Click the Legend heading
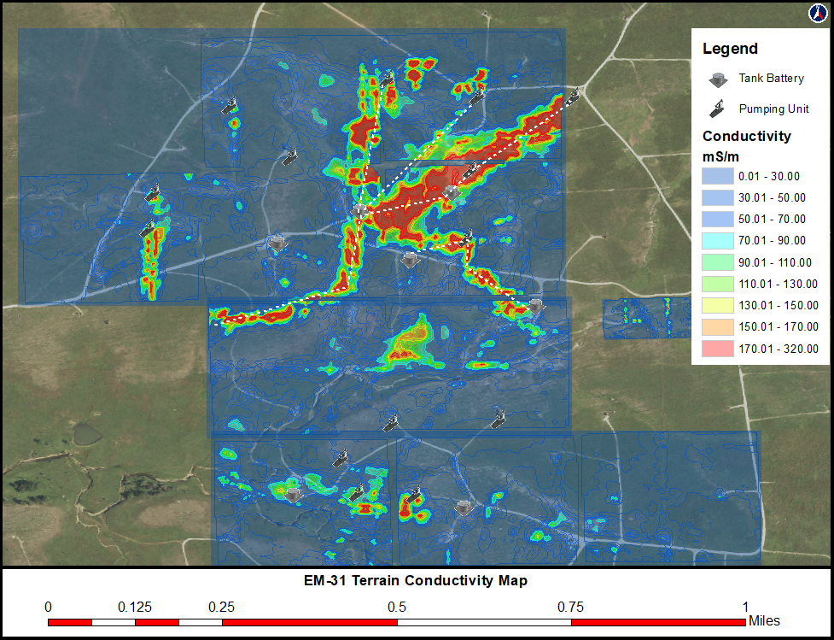click(x=730, y=50)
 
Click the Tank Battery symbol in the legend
click(x=718, y=79)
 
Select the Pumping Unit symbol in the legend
click(x=718, y=109)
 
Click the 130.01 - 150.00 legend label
click(x=779, y=306)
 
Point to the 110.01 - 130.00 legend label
click(x=779, y=285)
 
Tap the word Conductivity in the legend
click(x=747, y=137)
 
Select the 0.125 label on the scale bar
click(x=135, y=608)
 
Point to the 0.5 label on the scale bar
click(x=397, y=608)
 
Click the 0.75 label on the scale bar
click(x=571, y=608)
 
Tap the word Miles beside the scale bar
click(x=764, y=621)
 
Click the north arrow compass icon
click(x=816, y=13)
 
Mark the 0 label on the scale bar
click(x=48, y=608)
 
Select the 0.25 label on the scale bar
click(x=222, y=608)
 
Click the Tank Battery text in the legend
click(x=772, y=79)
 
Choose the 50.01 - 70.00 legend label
click(x=775, y=220)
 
